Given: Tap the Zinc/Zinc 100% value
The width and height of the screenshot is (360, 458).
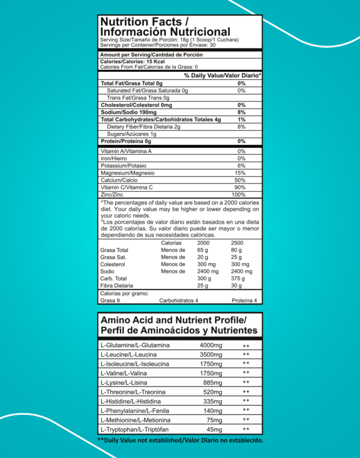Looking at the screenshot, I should (238, 195).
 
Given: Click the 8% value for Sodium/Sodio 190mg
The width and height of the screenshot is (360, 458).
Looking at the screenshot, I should (241, 112).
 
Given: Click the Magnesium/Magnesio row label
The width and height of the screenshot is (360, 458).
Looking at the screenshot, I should (128, 173).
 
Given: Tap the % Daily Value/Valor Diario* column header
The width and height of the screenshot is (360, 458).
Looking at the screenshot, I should (222, 76).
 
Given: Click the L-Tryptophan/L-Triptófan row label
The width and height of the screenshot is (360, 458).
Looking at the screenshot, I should (137, 430).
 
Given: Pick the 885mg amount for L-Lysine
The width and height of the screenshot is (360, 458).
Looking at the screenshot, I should (214, 382).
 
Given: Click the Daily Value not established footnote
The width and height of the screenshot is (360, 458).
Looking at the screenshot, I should (180, 441).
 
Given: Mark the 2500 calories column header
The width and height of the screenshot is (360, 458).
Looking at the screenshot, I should (237, 243).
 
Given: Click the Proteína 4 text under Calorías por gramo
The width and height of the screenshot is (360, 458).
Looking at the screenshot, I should (244, 300).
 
